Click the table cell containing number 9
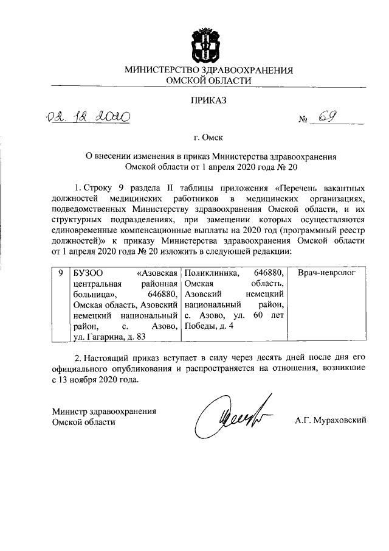click(x=60, y=274)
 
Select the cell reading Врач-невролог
click(x=325, y=274)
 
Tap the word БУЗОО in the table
click(x=87, y=274)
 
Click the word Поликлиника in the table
click(x=210, y=274)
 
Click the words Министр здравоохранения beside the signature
click(x=104, y=411)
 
